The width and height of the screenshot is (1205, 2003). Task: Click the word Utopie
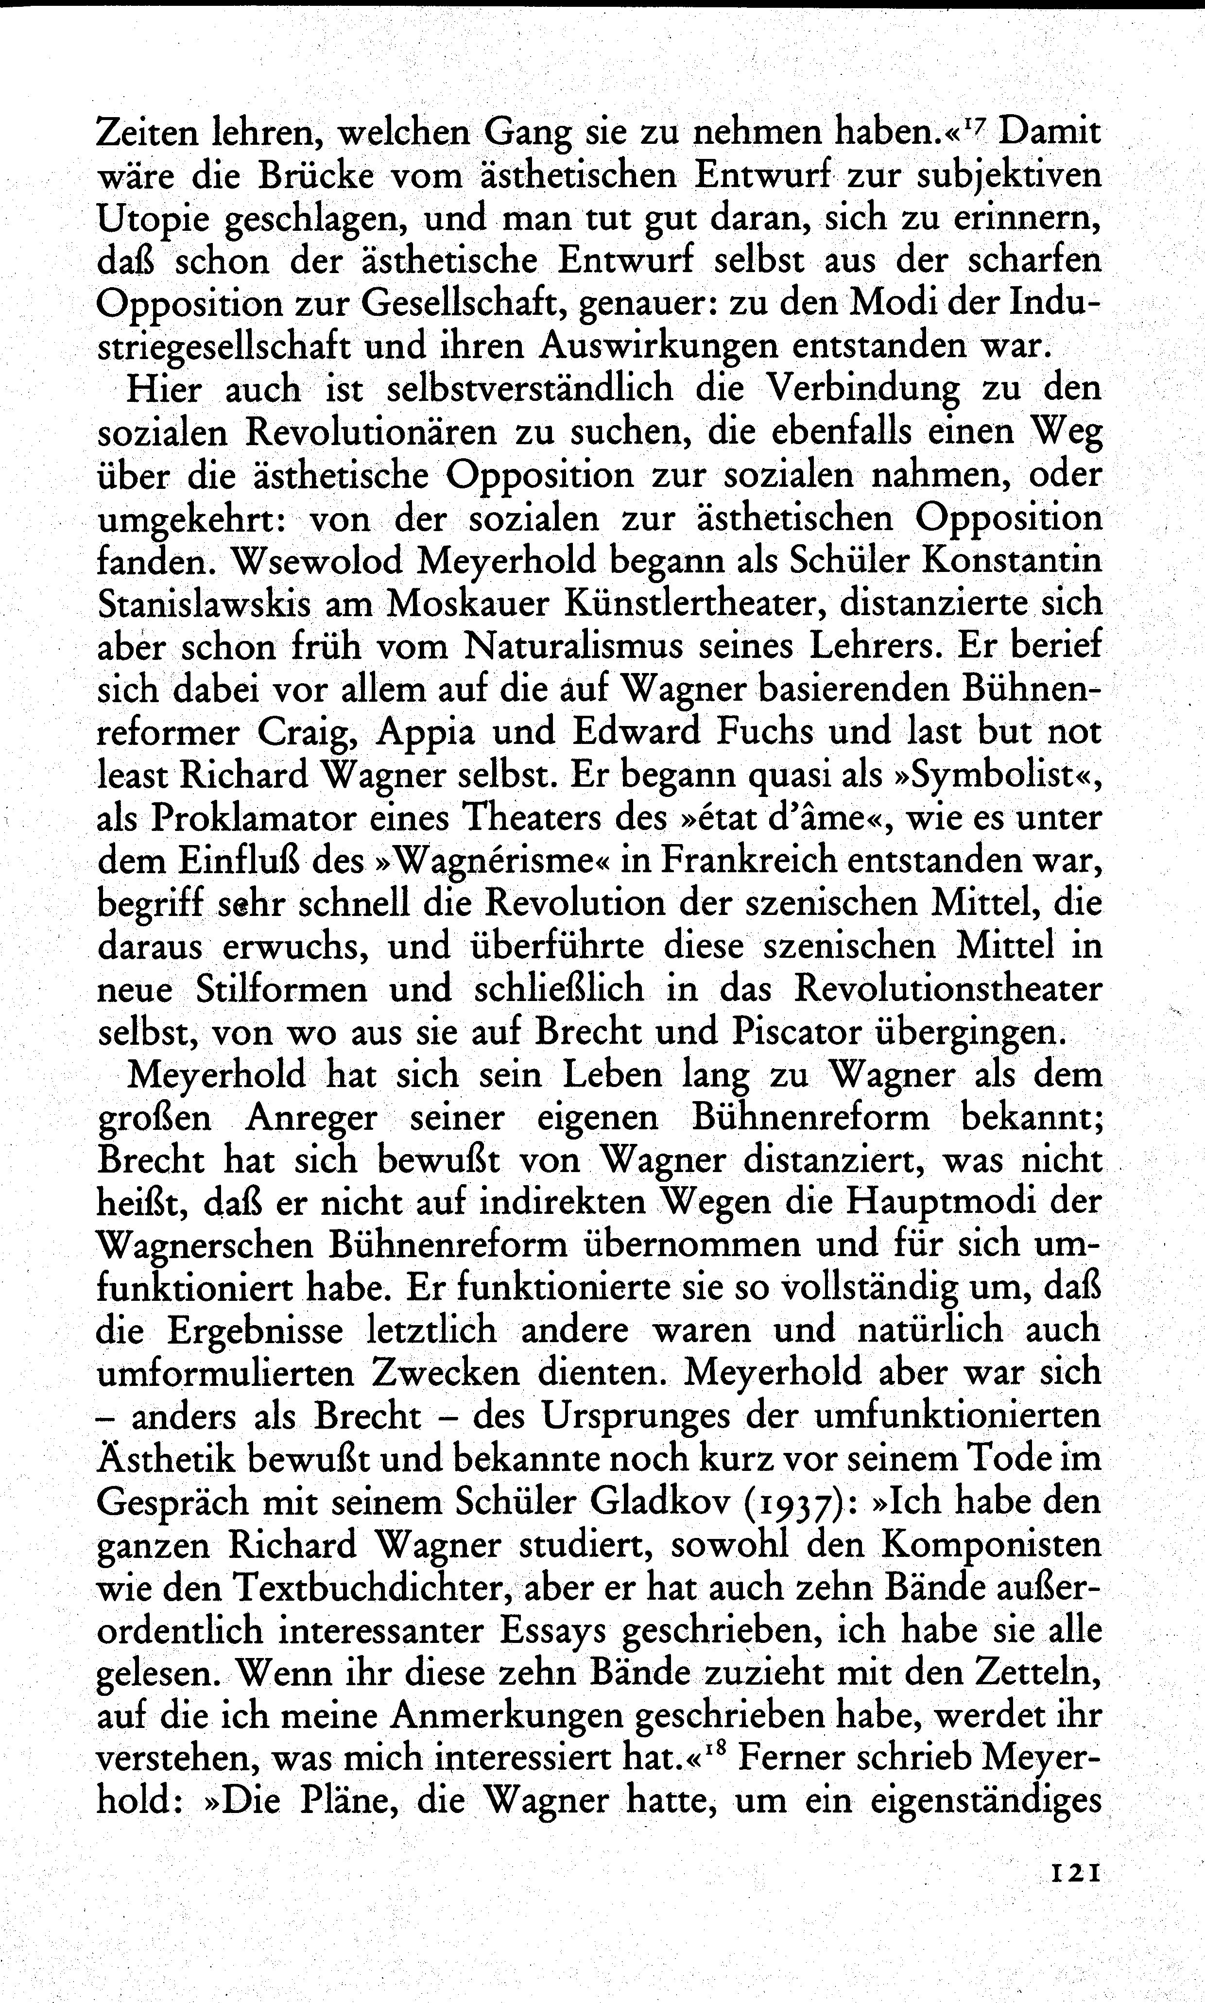[152, 218]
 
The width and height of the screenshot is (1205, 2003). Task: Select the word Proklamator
[253, 818]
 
